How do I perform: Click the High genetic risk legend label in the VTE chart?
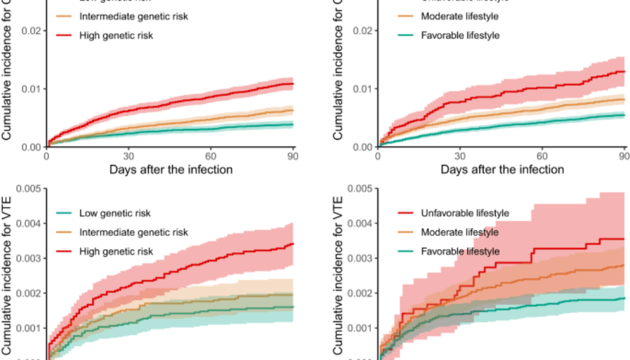pos(116,251)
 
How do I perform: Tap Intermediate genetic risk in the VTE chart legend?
pos(133,232)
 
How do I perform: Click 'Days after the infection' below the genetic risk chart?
pos(171,169)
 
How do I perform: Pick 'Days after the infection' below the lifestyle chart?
pos(502,169)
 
